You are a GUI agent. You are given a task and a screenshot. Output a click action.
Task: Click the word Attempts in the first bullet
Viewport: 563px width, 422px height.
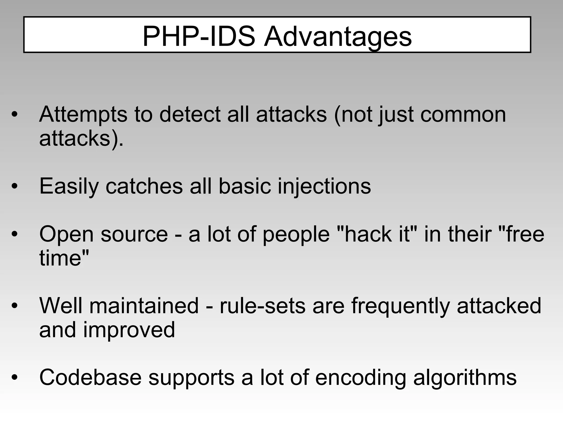click(x=83, y=115)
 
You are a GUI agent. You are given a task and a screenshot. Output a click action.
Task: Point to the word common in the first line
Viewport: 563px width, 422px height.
click(x=463, y=115)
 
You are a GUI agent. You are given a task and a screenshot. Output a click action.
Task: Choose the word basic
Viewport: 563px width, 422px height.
click(x=245, y=186)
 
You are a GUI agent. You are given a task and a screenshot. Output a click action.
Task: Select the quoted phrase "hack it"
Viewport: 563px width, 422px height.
click(x=377, y=234)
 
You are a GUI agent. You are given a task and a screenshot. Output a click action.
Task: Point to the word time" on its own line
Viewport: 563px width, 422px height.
click(x=64, y=258)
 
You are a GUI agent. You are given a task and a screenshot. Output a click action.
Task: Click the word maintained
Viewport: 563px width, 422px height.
click(x=144, y=306)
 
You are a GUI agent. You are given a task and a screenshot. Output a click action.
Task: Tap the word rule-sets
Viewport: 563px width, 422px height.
click(x=263, y=306)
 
